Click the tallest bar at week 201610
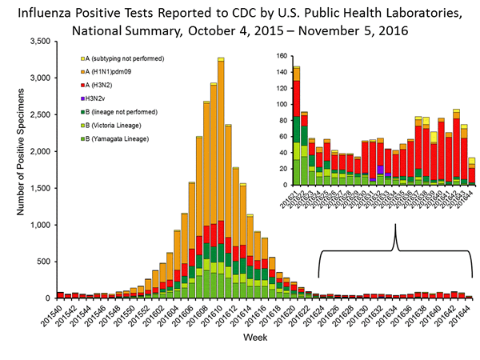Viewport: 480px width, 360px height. tap(220, 160)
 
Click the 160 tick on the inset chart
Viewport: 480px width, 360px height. tap(282, 56)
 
